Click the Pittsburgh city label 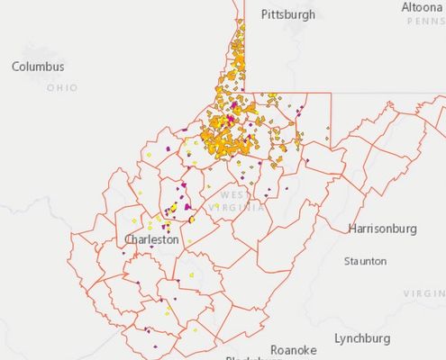(288, 14)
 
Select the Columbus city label (38, 67)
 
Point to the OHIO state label (62, 88)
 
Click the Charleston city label (152, 240)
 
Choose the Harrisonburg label (382, 229)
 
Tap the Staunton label (365, 261)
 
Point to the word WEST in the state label (232, 195)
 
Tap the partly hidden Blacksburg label (252, 357)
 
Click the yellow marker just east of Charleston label (192, 243)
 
